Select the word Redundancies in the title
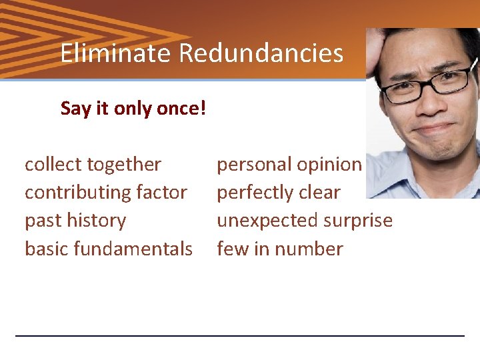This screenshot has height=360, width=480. tap(261, 53)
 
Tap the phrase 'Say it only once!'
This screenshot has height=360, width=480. tap(133, 109)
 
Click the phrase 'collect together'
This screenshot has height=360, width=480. tap(93, 164)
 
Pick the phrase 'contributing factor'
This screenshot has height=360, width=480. tap(106, 193)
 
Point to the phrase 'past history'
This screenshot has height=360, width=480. tap(75, 221)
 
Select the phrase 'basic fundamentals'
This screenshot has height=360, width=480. tap(109, 249)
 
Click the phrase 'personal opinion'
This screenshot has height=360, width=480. tap(289, 164)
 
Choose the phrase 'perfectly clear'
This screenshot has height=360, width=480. tap(279, 193)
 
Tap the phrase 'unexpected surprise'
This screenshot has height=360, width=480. tap(305, 221)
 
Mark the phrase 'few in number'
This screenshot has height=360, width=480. tap(280, 249)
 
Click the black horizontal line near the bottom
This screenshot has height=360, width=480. tap(240, 335)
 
